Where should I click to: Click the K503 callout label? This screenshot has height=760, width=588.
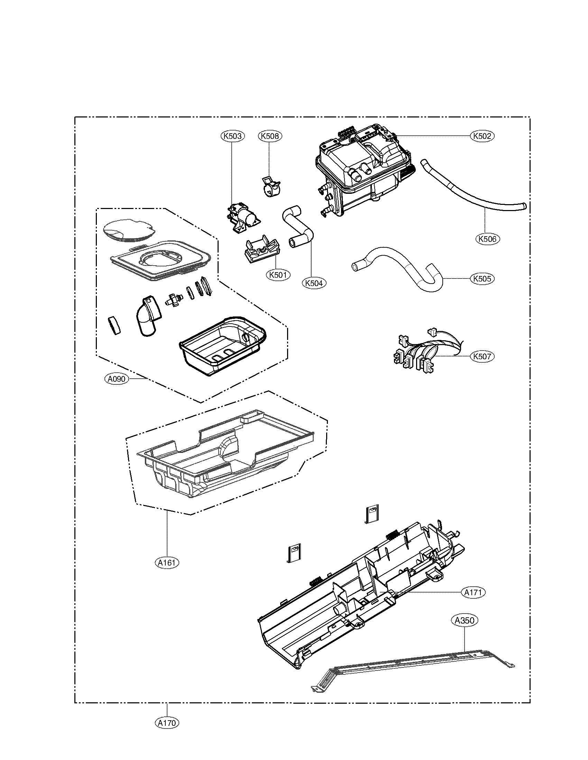coord(232,136)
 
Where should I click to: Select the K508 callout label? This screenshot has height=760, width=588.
coord(270,136)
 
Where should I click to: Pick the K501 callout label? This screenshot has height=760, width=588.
coord(278,275)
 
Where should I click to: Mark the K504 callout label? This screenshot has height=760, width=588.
coord(314,283)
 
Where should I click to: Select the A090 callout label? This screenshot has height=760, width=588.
coord(116,379)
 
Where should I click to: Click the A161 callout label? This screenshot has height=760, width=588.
coord(167,562)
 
